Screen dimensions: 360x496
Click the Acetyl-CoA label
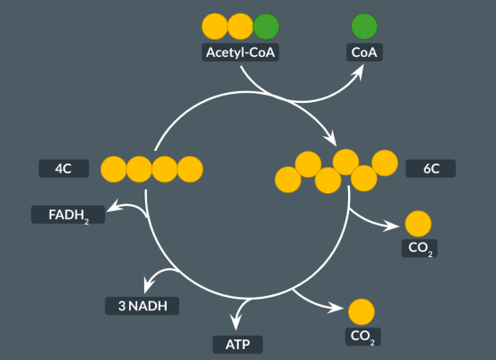click(x=241, y=52)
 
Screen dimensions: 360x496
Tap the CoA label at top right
click(x=364, y=52)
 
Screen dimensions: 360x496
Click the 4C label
click(x=63, y=168)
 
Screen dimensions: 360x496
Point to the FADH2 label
click(x=67, y=215)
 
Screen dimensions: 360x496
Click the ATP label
click(x=238, y=344)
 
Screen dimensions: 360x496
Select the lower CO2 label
click(x=362, y=337)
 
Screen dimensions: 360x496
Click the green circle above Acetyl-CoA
click(x=266, y=25)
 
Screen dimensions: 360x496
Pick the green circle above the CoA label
click(x=364, y=25)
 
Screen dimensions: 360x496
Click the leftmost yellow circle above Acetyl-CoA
click(x=215, y=25)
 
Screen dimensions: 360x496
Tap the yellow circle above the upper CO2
click(x=418, y=222)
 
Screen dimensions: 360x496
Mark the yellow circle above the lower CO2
click(x=362, y=312)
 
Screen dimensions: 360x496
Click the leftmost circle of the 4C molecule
click(x=114, y=168)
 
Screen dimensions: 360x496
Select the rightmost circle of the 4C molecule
click(x=189, y=168)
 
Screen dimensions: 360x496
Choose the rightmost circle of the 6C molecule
click(x=385, y=162)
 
